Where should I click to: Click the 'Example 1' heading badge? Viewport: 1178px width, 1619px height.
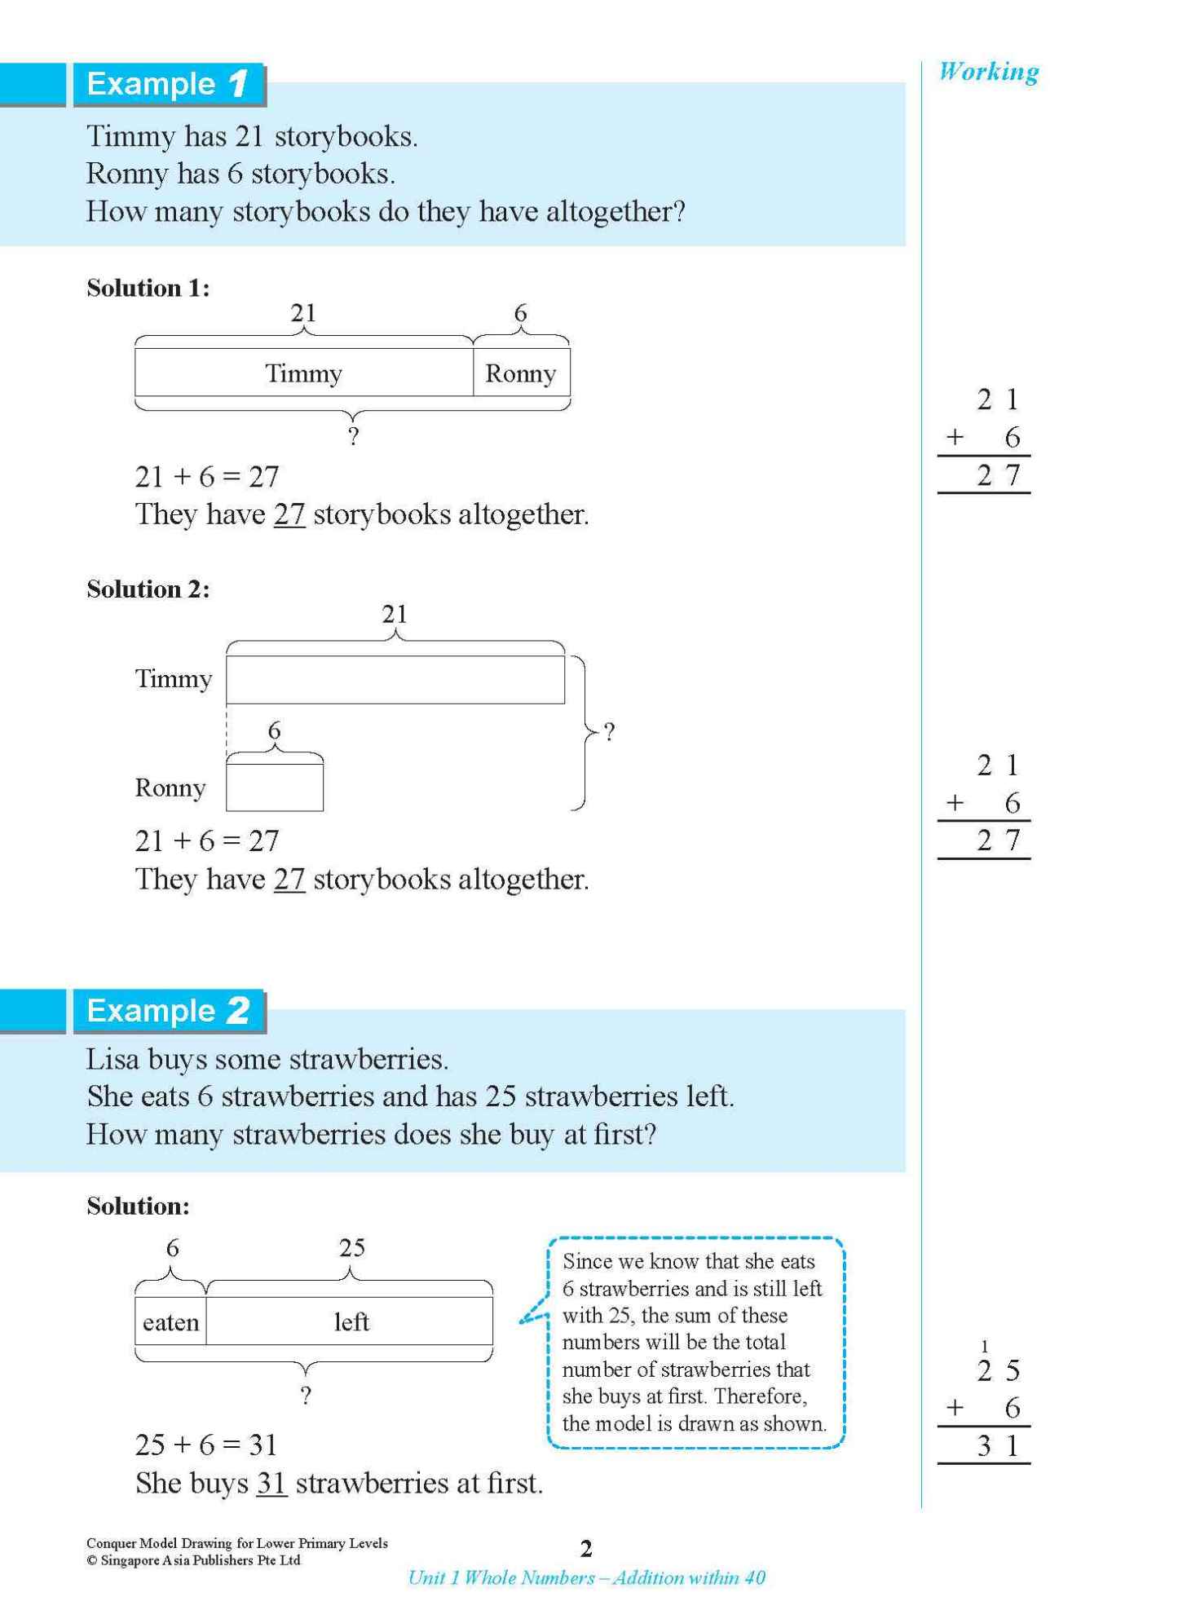(168, 84)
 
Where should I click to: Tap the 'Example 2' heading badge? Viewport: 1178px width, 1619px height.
(168, 1011)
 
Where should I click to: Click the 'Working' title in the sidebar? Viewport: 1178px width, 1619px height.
(988, 72)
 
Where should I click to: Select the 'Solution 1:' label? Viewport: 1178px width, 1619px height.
(148, 288)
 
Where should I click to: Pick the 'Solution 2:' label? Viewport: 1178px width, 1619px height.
(148, 589)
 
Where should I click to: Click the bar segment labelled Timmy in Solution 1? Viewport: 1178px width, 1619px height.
(303, 373)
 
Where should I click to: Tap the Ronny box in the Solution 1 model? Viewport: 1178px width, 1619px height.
(521, 373)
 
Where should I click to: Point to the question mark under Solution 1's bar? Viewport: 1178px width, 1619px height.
(353, 437)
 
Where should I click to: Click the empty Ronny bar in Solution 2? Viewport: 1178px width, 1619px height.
(274, 787)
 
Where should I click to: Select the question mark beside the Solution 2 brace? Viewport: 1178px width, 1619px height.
(608, 731)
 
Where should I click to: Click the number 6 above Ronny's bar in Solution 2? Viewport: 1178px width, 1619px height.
(274, 730)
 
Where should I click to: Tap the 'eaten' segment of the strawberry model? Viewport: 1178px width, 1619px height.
(170, 1322)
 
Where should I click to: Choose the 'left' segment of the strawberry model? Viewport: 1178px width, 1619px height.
(351, 1322)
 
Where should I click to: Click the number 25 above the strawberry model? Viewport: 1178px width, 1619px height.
(351, 1247)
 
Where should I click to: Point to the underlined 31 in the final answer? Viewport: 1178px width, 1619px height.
(271, 1483)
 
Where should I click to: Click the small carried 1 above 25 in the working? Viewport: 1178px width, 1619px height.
(984, 1346)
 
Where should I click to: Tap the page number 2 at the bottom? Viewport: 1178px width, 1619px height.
(585, 1548)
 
